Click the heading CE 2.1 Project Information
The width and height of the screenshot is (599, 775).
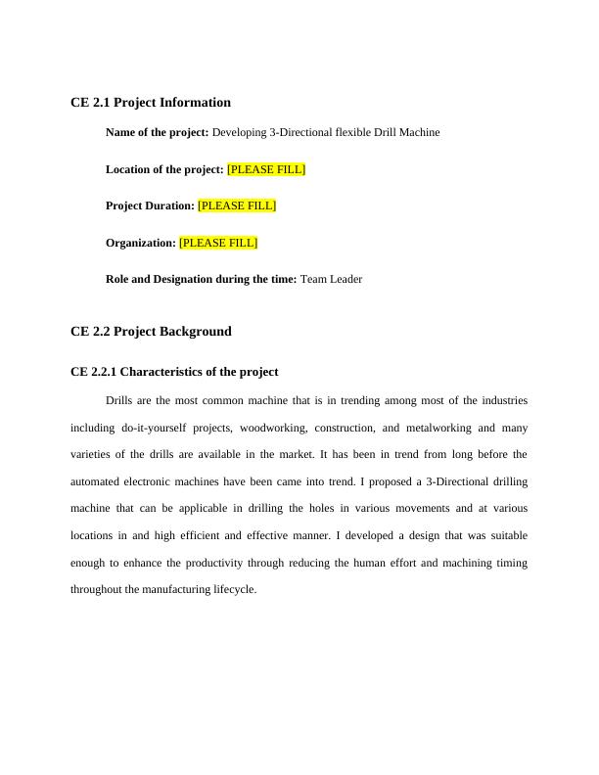coord(151,103)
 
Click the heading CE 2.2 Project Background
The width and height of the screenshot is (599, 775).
coord(151,332)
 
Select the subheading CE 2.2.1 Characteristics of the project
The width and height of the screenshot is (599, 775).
coord(174,372)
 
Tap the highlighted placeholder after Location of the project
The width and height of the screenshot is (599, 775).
coord(266,169)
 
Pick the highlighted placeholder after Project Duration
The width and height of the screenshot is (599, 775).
coord(237,205)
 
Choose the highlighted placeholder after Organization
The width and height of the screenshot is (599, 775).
coord(218,243)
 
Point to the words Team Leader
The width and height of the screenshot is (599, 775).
coord(331,279)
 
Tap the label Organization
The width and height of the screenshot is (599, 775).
coord(141,243)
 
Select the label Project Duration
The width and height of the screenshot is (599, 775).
coord(150,205)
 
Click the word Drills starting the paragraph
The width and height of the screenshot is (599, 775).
coord(118,400)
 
